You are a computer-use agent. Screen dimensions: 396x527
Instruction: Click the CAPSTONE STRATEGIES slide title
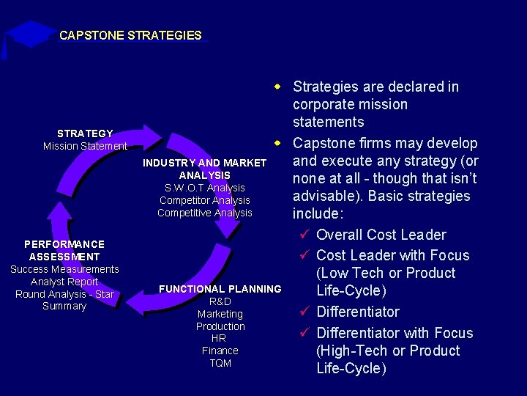[130, 35]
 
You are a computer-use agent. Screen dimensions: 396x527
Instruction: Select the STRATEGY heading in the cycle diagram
[85, 133]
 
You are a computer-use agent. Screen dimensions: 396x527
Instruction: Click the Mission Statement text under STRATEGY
[85, 146]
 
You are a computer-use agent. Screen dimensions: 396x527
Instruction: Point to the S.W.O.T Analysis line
[205, 188]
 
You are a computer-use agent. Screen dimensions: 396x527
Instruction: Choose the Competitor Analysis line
[205, 200]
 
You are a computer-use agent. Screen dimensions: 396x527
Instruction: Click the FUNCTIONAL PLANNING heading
[220, 289]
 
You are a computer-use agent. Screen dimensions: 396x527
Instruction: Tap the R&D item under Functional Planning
[220, 301]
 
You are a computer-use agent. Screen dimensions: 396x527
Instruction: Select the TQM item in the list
[220, 363]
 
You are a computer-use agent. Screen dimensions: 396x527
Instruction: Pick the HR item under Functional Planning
[220, 338]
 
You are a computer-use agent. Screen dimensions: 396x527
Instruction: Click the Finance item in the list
[220, 351]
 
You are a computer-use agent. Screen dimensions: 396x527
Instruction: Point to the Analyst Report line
[64, 282]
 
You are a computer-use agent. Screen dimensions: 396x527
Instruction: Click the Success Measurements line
[64, 269]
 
